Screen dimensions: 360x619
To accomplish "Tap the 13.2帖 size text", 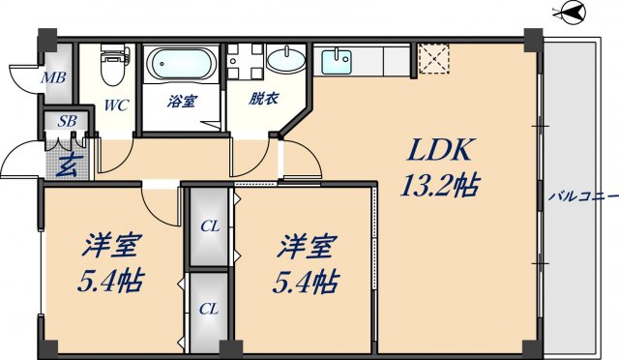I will pos(441,185).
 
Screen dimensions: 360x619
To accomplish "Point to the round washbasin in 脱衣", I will pos(284,61).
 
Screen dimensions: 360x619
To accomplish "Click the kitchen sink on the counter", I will pos(339,61).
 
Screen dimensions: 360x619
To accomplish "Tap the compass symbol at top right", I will pos(572,13).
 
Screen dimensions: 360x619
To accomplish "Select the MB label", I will pos(53,77).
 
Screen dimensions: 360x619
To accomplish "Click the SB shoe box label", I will pos(67,121).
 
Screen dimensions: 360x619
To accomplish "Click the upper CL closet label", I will pos(209,228).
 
